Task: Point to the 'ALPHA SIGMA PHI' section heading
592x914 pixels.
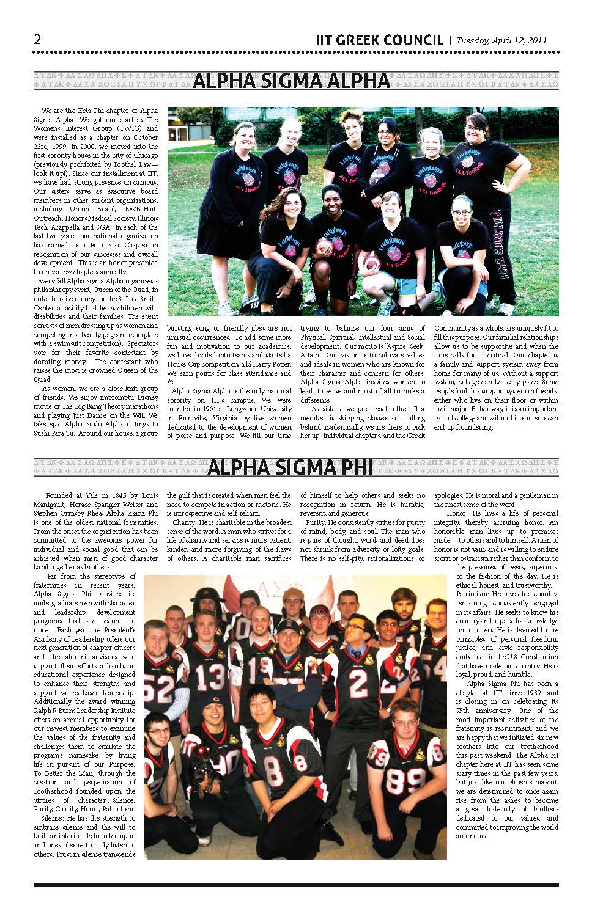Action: pyautogui.click(x=290, y=468)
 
